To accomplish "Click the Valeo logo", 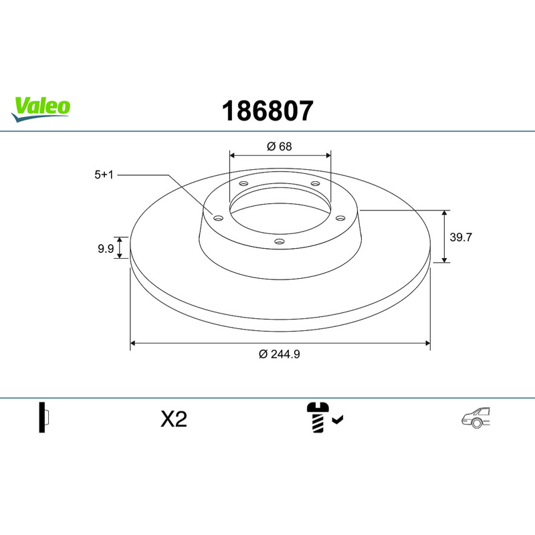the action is click(x=41, y=109).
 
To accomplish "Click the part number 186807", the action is click(x=267, y=111).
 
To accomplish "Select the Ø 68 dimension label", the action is click(x=280, y=146).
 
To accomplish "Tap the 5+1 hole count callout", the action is click(x=104, y=175).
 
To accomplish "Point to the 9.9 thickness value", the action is click(x=106, y=249).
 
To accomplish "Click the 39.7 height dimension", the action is click(x=461, y=237).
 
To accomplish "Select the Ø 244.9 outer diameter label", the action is click(x=280, y=354).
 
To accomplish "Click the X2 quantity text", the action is click(x=174, y=419).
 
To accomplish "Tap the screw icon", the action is click(x=318, y=417).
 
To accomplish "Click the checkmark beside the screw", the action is click(x=338, y=419).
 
